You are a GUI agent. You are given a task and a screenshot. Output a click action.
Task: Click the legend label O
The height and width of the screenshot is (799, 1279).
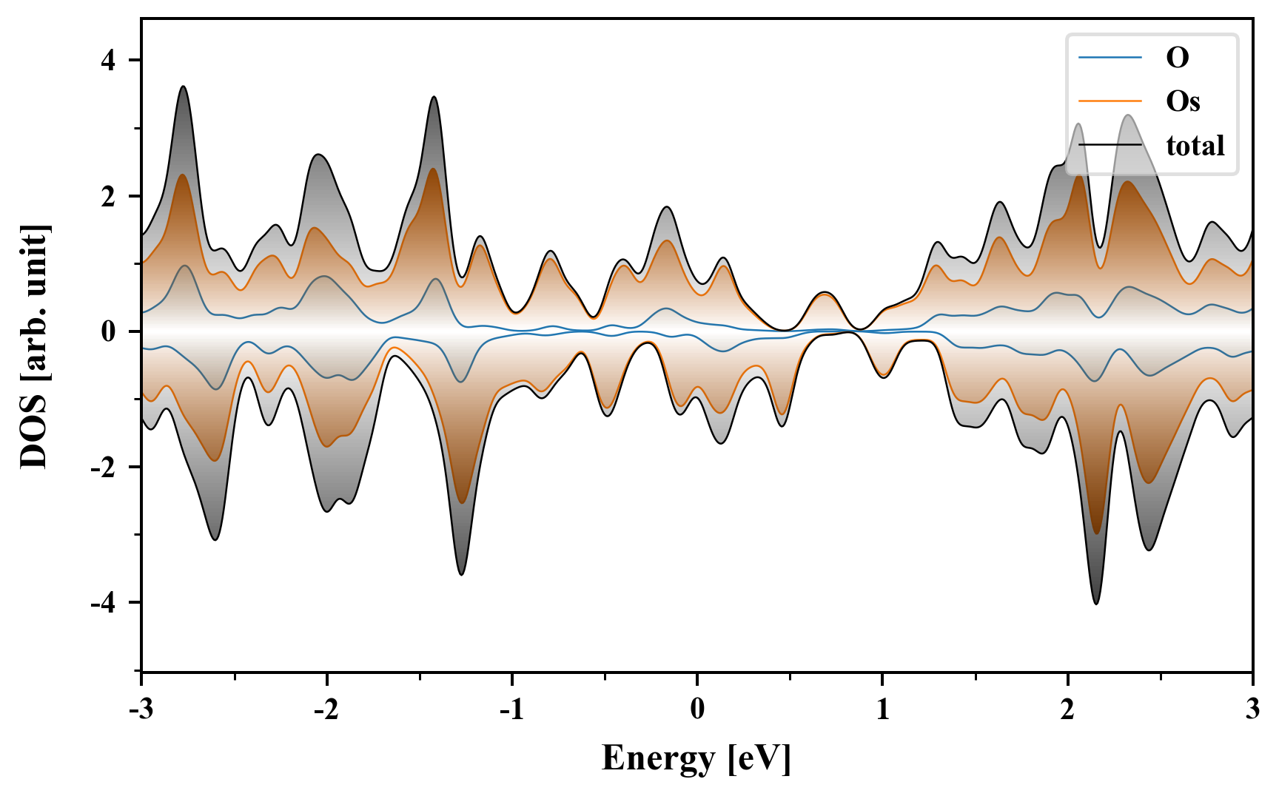1178,57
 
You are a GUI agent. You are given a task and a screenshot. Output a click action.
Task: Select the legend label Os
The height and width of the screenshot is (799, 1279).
1183,101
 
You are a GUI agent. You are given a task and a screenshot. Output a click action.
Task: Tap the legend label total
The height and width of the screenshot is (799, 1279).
1195,146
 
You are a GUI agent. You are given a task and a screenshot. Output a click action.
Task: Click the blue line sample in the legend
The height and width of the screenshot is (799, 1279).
1110,57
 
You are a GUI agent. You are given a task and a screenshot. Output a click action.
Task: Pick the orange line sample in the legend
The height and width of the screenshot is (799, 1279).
1110,101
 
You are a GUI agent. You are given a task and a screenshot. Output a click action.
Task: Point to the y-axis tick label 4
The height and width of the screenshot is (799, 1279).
109,60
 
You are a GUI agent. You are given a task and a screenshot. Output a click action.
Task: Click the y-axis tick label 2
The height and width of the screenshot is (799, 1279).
109,196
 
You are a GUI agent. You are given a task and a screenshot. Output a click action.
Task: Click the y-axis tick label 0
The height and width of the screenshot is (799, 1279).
109,331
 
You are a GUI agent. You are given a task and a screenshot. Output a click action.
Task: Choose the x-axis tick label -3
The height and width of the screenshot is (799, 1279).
141,709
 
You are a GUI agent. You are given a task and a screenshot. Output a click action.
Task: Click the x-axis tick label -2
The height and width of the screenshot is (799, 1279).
326,709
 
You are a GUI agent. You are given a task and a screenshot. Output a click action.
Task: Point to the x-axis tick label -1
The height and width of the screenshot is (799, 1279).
511,709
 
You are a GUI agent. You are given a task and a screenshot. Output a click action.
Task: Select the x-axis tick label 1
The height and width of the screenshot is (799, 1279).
882,709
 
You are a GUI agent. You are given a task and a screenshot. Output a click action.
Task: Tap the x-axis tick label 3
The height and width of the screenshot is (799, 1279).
1252,709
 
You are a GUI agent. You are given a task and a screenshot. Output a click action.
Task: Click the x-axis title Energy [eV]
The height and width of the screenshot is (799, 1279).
696,758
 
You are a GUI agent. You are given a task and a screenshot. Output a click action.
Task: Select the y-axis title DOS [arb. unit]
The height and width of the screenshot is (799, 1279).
34,346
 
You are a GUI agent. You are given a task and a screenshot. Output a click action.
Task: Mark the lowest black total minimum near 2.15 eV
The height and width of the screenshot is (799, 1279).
1096,604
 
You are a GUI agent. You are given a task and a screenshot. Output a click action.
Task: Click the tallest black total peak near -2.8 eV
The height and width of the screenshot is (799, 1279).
183,87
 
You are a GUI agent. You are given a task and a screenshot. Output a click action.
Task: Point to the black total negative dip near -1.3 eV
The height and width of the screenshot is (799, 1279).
461,574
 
